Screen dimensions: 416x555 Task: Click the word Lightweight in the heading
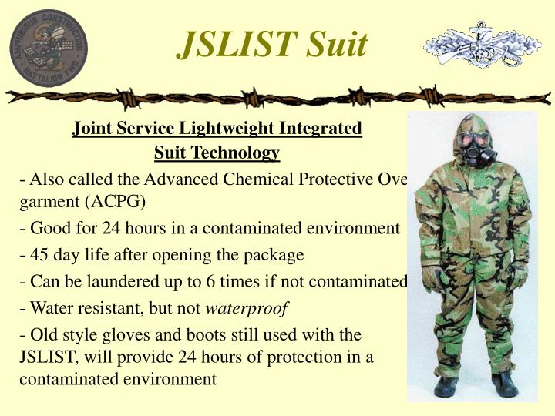(x=224, y=128)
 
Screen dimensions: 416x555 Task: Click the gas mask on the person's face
(x=473, y=146)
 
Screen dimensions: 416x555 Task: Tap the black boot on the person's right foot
(x=447, y=385)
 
